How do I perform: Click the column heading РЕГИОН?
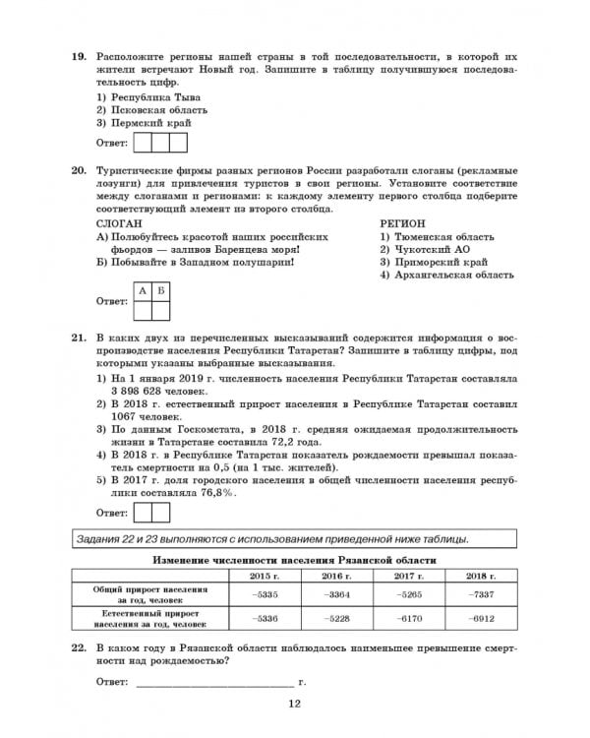(x=404, y=224)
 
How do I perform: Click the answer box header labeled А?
(x=143, y=290)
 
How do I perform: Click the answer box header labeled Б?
(x=161, y=290)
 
